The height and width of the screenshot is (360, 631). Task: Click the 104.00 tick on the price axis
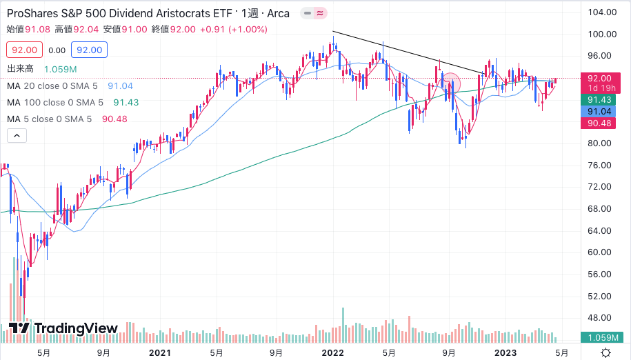[x=601, y=12]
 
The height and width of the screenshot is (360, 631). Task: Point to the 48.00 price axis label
[x=601, y=318]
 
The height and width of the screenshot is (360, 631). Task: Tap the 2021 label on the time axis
[x=159, y=352]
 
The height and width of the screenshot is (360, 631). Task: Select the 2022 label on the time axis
[x=332, y=352]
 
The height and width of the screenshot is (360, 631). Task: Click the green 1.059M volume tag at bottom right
[x=603, y=338]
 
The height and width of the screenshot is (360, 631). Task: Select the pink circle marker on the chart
[x=450, y=84]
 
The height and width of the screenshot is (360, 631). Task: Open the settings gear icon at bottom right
[x=605, y=352]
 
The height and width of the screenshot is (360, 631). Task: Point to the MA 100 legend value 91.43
[x=126, y=102]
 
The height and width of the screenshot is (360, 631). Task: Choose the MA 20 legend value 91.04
[x=120, y=86]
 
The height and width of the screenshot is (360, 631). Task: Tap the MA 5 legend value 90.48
[x=114, y=119]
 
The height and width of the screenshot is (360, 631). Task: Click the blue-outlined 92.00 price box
[x=90, y=50]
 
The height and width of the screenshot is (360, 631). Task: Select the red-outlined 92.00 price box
[x=25, y=50]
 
